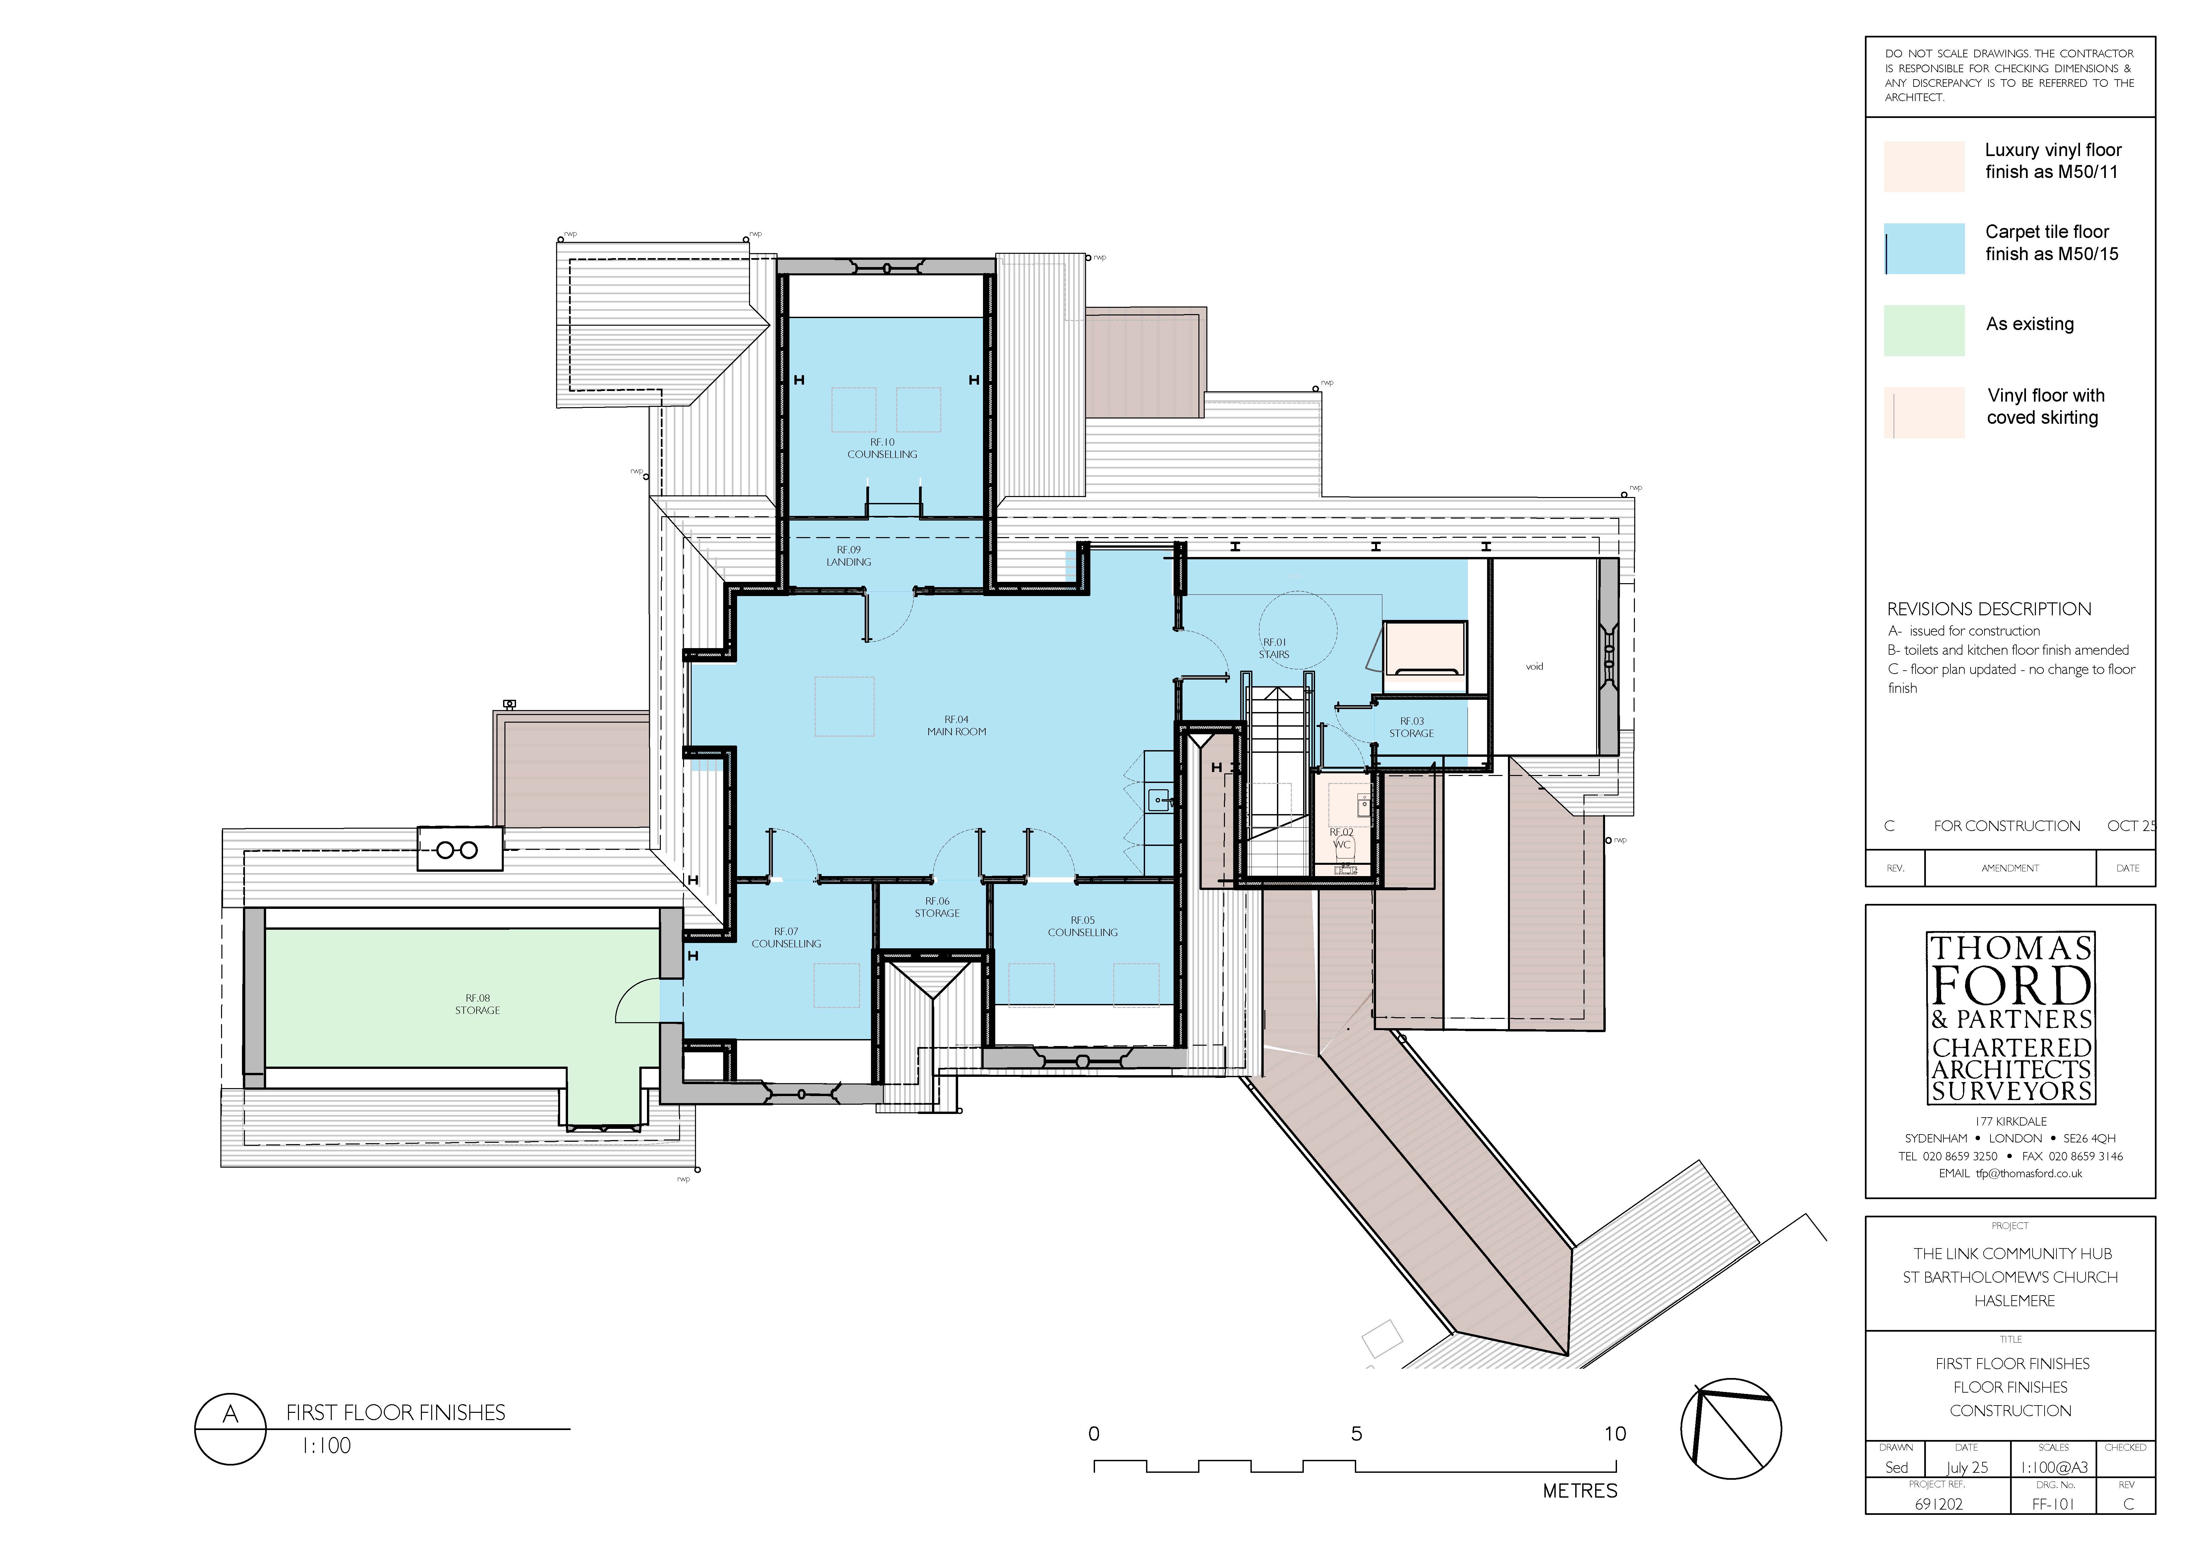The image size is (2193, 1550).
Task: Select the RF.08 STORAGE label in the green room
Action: click(478, 1004)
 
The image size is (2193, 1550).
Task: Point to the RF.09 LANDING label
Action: click(848, 556)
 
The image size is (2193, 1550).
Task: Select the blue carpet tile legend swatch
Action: click(1924, 248)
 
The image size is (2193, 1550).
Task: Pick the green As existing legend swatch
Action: click(1924, 330)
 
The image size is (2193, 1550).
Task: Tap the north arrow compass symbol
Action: click(1731, 1429)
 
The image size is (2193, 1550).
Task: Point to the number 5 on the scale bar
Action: click(1356, 1433)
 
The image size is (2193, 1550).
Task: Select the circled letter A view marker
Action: click(230, 1429)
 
